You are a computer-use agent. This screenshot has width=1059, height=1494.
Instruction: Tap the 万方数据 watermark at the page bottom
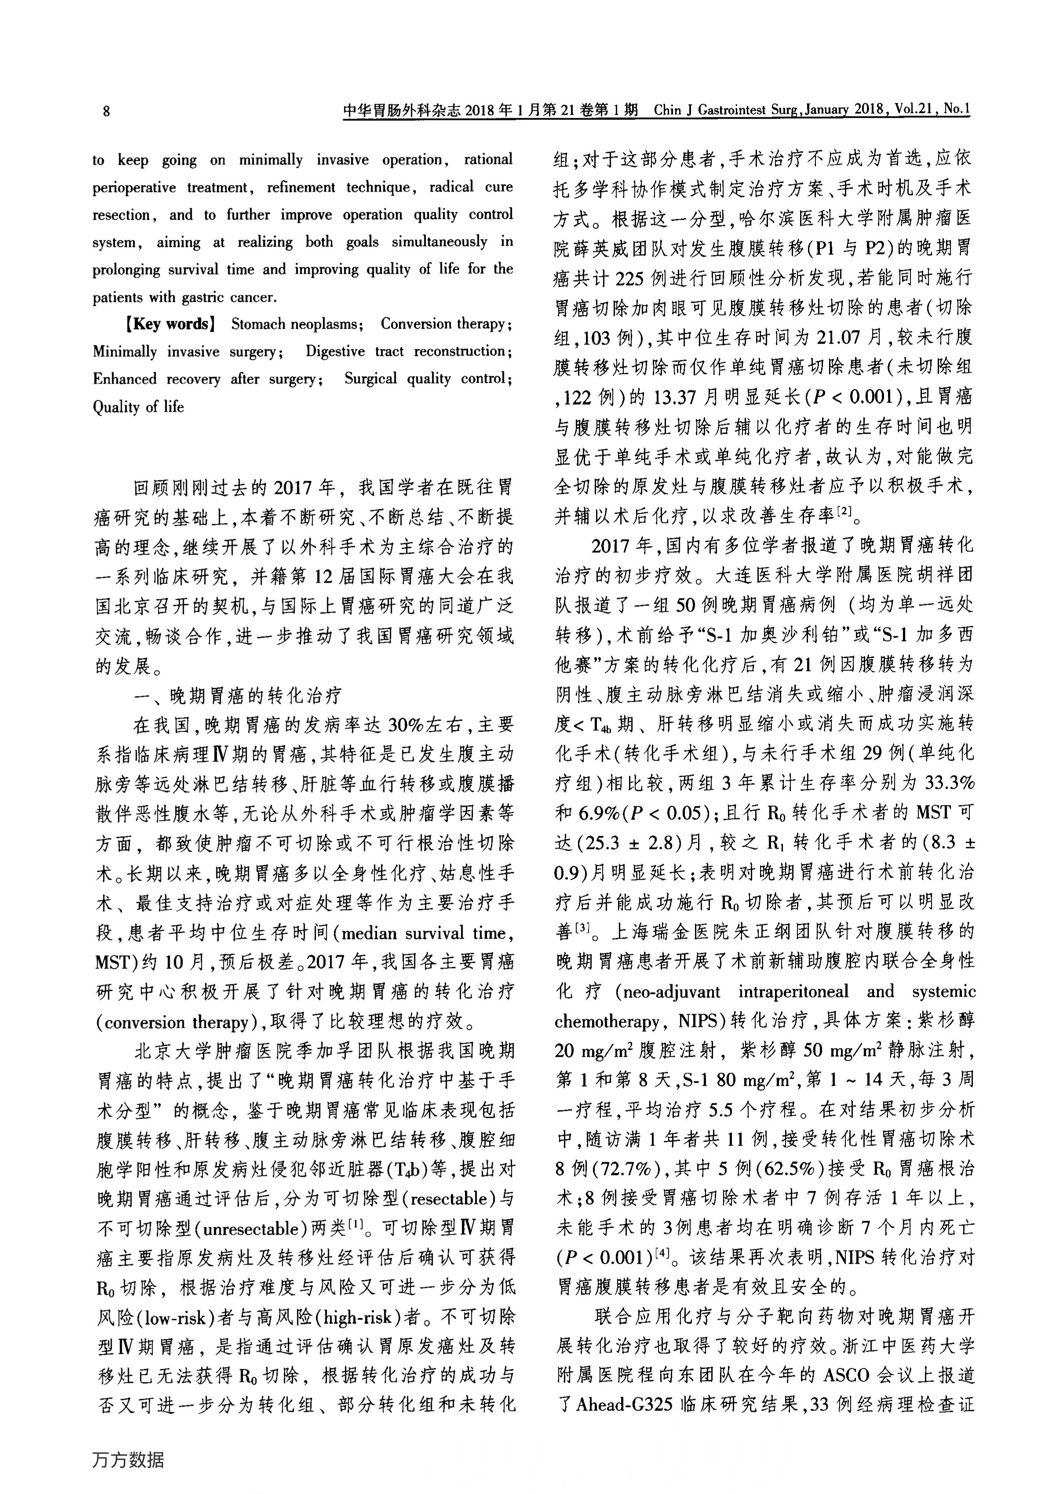click(128, 1459)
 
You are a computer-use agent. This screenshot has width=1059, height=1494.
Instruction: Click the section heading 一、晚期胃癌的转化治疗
click(238, 696)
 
